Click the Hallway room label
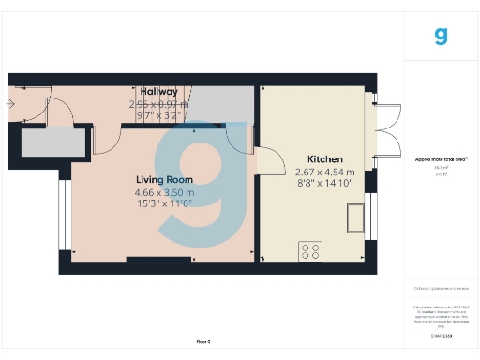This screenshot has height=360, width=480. click(158, 92)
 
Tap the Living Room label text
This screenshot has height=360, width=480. click(164, 179)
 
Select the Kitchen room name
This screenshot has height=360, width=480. click(325, 159)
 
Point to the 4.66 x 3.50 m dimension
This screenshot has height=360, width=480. click(164, 192)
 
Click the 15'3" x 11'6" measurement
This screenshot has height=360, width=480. click(164, 203)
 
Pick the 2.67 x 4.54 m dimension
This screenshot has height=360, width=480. click(325, 172)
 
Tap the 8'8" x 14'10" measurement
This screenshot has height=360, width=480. click(325, 184)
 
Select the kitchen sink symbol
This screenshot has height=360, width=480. click(355, 219)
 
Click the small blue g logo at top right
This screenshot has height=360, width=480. click(441, 37)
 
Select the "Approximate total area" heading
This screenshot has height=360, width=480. click(441, 159)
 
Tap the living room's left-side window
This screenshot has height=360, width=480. click(63, 216)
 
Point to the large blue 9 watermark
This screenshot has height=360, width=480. click(204, 178)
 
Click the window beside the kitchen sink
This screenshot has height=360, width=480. click(369, 218)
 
